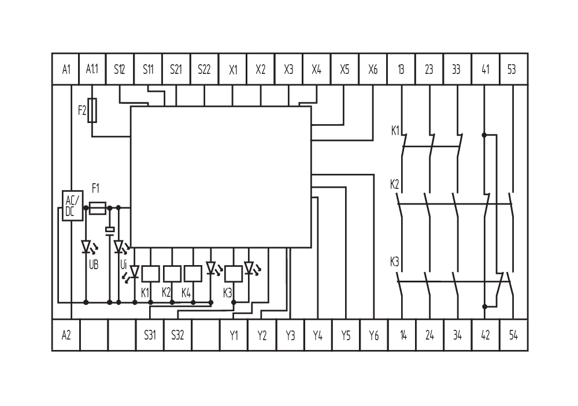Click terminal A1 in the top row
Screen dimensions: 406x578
coord(66,69)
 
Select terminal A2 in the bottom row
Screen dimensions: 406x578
coord(66,335)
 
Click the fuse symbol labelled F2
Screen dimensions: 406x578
coord(93,109)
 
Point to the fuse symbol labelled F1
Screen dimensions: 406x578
coord(99,207)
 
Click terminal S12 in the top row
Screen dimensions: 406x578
coord(120,69)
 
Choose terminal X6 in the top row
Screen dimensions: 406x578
coord(373,69)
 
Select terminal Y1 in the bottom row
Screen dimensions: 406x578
coord(234,335)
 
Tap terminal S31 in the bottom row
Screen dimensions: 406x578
coord(150,335)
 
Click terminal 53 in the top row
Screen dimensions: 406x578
coord(512,69)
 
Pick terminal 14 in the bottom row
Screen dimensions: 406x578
coord(403,335)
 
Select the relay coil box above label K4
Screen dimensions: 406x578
coord(192,273)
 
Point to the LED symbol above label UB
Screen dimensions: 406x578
coord(86,247)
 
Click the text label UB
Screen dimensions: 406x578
coord(93,265)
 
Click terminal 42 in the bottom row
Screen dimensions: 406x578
coord(484,335)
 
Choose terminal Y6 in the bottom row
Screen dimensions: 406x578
coord(373,335)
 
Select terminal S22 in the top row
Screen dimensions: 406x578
coord(204,69)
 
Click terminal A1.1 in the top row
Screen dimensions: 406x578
coord(92,69)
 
